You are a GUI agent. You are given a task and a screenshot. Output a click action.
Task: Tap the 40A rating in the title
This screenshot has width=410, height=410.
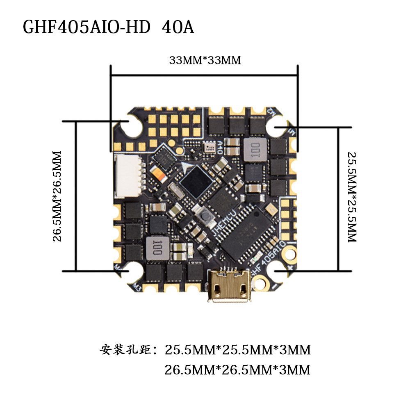[178, 27]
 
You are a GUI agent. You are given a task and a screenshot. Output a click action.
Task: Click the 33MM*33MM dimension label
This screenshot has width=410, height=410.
[205, 60]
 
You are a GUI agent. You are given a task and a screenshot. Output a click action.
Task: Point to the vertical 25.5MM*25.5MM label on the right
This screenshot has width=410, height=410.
[352, 197]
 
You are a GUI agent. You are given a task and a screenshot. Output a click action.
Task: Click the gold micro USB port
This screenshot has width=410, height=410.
[229, 285]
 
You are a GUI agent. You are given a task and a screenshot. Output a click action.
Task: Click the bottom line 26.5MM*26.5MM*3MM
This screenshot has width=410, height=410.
[237, 370]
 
